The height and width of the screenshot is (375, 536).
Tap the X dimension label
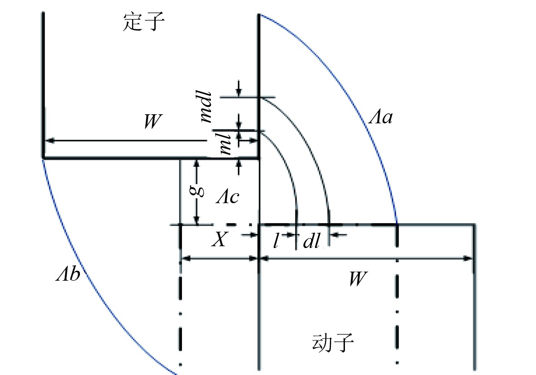pyautogui.click(x=219, y=240)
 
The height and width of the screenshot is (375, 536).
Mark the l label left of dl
pyautogui.click(x=275, y=240)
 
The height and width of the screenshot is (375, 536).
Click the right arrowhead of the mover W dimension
pyautogui.click(x=468, y=258)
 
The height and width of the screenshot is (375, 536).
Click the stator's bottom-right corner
pyautogui.click(x=259, y=158)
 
